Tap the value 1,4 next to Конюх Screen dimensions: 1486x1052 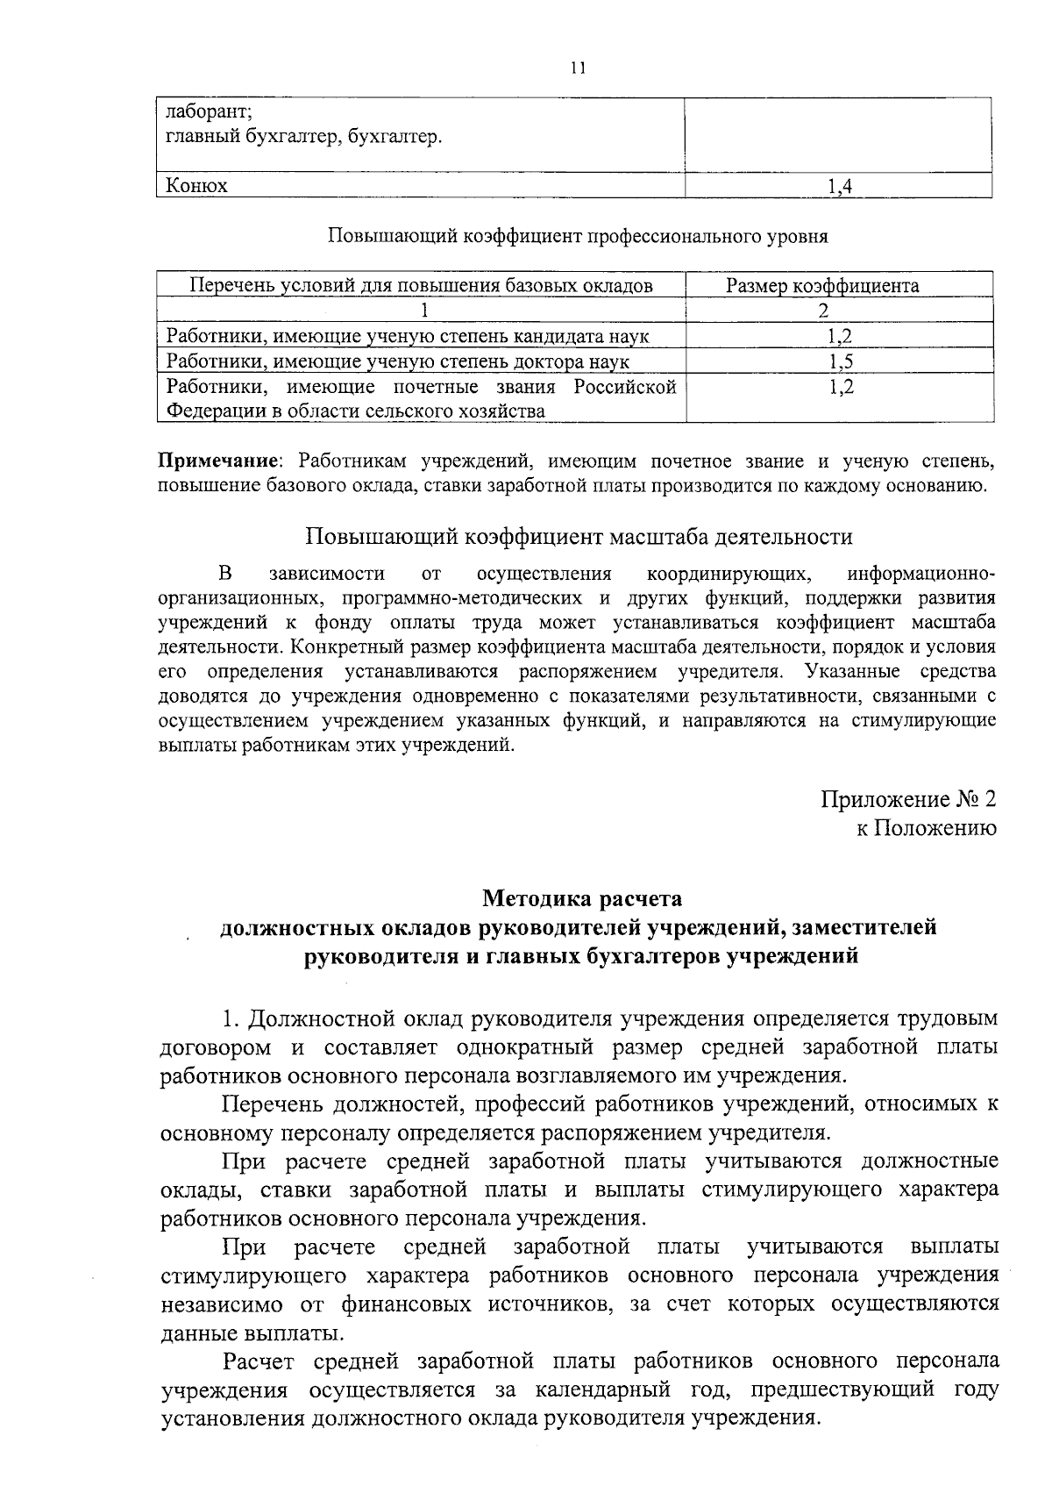point(840,186)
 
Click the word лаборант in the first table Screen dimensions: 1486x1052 point(209,113)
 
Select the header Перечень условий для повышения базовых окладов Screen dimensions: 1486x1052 point(421,286)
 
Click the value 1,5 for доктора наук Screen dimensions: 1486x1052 point(840,361)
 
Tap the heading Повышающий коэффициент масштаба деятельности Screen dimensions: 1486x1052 point(579,537)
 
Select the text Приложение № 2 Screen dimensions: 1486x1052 point(908,799)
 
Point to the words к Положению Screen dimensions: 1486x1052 point(927,828)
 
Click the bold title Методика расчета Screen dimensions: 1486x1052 point(581,899)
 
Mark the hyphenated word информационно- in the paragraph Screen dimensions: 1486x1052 point(921,575)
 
